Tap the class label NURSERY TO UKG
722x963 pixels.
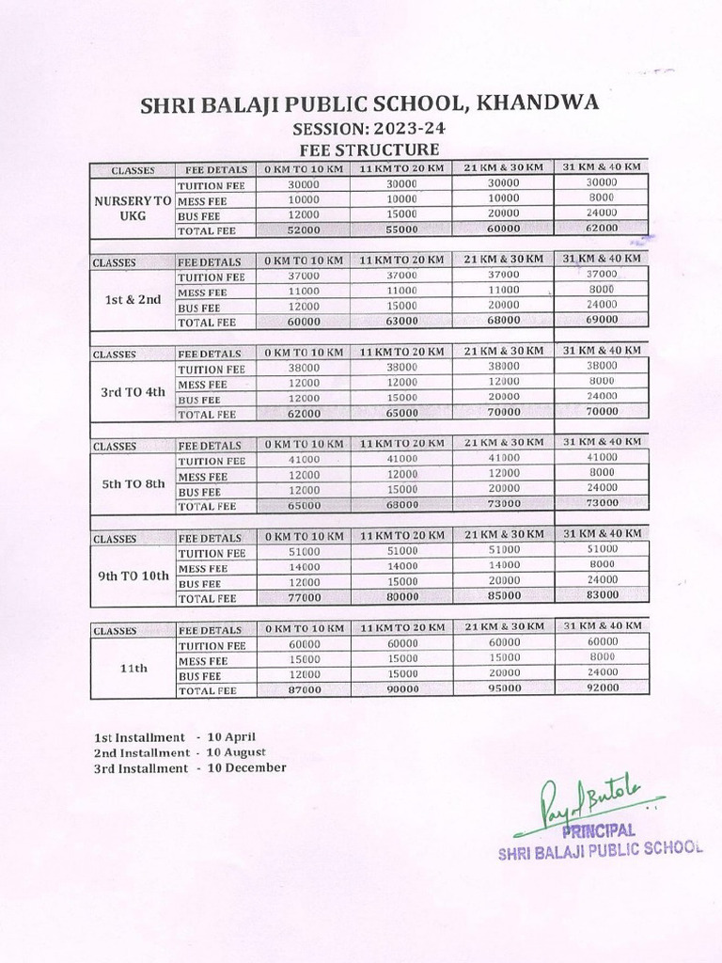click(133, 207)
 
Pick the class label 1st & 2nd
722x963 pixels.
click(133, 299)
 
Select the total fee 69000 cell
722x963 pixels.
click(602, 321)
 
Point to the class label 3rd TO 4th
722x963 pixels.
click(133, 391)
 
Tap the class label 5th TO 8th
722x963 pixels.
click(133, 483)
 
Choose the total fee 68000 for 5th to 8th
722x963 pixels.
click(401, 504)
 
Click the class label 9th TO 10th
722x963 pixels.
click(133, 576)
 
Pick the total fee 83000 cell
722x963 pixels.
click(602, 595)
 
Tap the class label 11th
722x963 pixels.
click(133, 668)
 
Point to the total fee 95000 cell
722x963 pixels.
click(504, 688)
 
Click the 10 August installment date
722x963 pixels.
click(236, 752)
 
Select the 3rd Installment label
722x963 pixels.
click(141, 768)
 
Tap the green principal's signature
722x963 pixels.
click(588, 804)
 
